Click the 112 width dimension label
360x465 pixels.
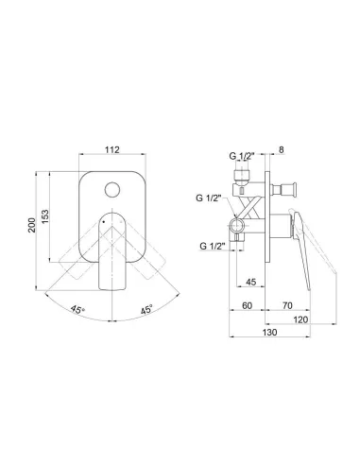(x=112, y=149)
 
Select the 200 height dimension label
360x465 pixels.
(x=32, y=225)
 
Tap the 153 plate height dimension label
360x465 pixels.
(x=45, y=216)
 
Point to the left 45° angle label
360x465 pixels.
(x=77, y=309)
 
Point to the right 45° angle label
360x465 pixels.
(x=146, y=309)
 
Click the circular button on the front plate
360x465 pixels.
(x=112, y=190)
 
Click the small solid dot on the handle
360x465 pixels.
(x=104, y=222)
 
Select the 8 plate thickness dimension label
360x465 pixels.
(x=282, y=150)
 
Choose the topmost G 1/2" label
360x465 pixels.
(x=242, y=156)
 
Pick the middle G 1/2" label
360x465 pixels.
(x=209, y=198)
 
